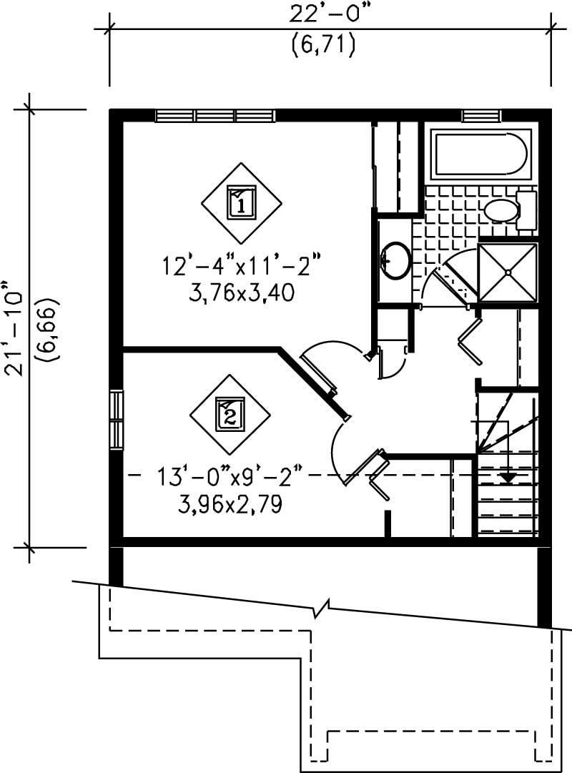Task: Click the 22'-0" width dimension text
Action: coord(322,14)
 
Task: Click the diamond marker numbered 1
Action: coord(241,201)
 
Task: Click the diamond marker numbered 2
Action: coord(230,414)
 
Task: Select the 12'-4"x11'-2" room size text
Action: coord(241,267)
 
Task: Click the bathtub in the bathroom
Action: coord(480,153)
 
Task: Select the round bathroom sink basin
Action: coord(395,259)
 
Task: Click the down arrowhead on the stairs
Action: coord(508,476)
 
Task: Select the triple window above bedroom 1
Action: coord(215,116)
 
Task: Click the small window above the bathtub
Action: coord(480,116)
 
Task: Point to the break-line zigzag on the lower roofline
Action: coord(324,610)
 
